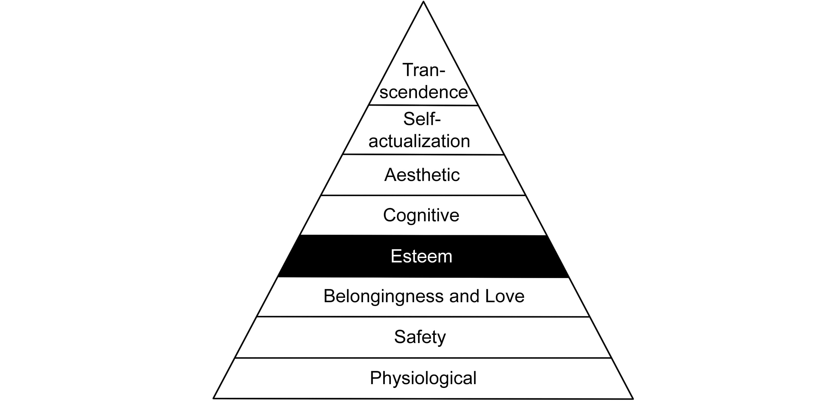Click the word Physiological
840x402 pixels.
point(423,378)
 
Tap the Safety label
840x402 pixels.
point(420,337)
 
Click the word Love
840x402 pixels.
point(505,296)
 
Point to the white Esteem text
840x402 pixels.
point(421,256)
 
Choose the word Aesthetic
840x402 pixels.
point(422,175)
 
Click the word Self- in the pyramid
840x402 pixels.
point(422,119)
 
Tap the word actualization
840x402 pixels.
point(419,141)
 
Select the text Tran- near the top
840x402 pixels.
point(424,70)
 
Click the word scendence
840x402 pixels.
point(424,92)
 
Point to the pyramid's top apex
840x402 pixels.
point(423,2)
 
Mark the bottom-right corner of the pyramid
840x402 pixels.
point(633,398)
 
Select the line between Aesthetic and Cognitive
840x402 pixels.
point(423,196)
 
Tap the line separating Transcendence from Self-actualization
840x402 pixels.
point(423,105)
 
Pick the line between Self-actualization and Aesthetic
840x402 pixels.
point(423,155)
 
